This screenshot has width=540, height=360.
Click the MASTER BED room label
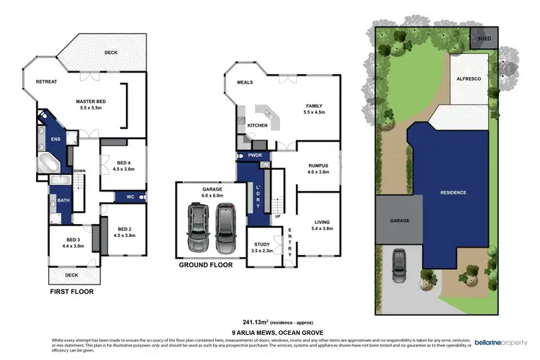coord(91,102)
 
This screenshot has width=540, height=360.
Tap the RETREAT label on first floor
coord(47,82)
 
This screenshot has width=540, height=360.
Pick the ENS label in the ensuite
coord(56,140)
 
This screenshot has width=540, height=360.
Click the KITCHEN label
coord(258,125)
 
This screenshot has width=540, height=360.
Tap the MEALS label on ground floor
coord(246,82)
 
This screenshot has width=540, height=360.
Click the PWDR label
coord(253,156)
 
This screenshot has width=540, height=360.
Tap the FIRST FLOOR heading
coord(71,292)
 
